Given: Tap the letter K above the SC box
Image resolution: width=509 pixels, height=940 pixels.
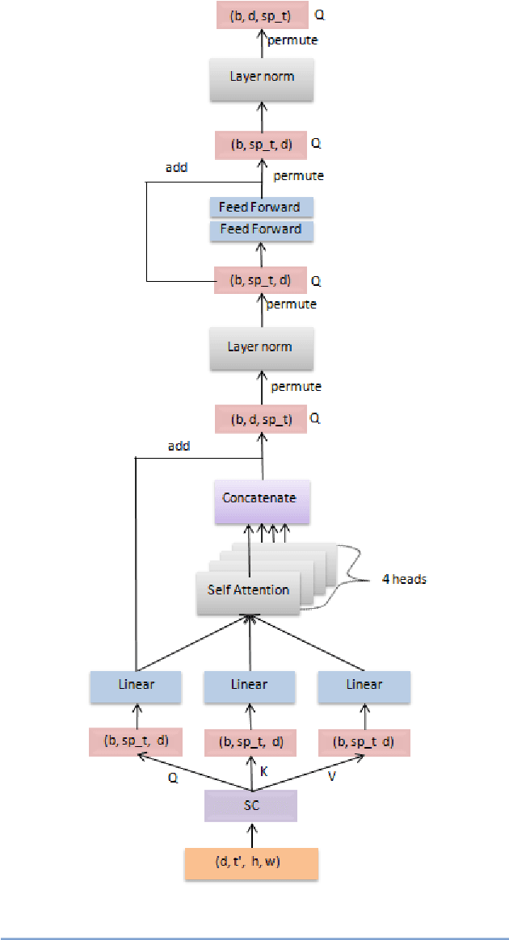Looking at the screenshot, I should [263, 771].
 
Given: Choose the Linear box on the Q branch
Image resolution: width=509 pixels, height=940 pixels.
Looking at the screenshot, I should [134, 686].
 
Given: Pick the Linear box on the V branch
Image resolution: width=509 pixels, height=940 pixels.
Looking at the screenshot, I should [364, 686].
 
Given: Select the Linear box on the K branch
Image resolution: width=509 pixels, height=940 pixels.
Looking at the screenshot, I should [249, 686].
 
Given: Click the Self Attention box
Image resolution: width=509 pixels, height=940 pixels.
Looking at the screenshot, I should [248, 590].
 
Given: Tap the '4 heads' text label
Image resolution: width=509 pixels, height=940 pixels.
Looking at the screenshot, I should [404, 580].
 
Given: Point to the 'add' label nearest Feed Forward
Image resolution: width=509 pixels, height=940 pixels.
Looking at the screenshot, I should [177, 168].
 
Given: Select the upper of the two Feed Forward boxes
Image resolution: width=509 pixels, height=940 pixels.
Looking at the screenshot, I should [260, 208].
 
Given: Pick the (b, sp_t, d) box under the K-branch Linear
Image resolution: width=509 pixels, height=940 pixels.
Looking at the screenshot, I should [250, 742].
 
